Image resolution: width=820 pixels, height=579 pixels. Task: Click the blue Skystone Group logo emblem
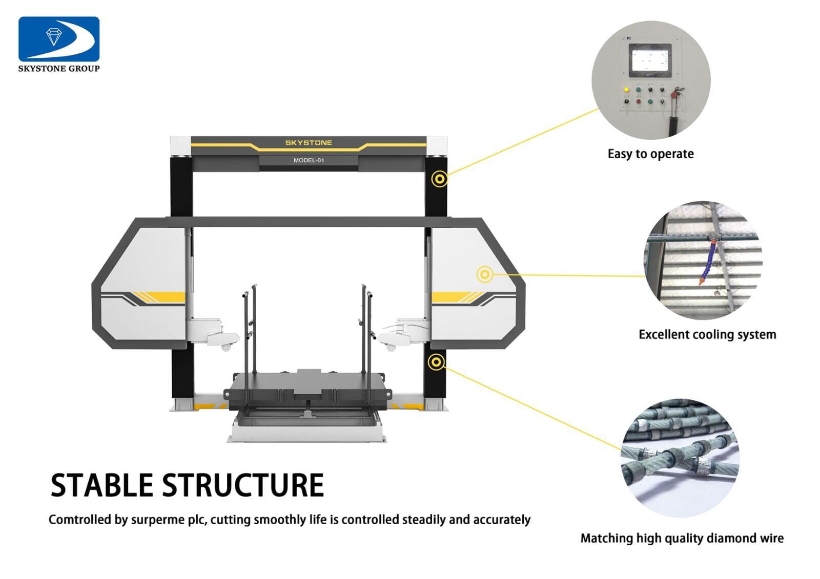[59, 39]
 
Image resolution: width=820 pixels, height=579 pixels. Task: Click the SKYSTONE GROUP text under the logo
[59, 69]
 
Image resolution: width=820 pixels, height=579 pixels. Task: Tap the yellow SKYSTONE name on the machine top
[309, 143]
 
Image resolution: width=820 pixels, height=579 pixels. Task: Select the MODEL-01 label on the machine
[309, 160]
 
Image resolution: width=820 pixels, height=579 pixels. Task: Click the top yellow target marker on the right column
[439, 179]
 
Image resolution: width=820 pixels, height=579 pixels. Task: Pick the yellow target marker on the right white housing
[484, 274]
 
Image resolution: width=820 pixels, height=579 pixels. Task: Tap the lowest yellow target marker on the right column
[436, 362]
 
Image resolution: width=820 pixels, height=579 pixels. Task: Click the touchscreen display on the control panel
[650, 58]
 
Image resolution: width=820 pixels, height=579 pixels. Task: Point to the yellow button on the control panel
[626, 90]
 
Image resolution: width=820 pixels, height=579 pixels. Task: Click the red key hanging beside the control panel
[678, 92]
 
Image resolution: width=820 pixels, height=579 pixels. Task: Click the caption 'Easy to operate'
[650, 154]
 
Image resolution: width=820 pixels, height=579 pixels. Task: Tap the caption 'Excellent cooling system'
[707, 335]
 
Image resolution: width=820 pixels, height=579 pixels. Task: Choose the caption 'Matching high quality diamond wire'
[682, 539]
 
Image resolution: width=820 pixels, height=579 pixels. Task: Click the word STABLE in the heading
[102, 485]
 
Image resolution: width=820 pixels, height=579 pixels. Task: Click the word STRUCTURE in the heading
[243, 485]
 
